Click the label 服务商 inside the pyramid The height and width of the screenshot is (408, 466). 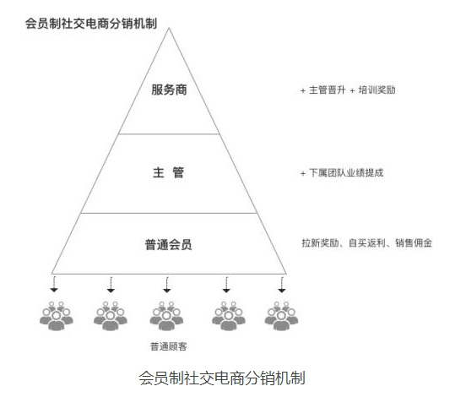click(169, 90)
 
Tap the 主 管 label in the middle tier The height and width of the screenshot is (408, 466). click(169, 172)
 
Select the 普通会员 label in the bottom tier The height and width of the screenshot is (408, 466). click(169, 245)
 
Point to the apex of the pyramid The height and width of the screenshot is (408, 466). click(169, 28)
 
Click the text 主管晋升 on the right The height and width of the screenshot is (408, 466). click(328, 90)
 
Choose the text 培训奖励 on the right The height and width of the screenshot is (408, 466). click(377, 90)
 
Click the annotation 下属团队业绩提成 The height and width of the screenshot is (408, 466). click(346, 173)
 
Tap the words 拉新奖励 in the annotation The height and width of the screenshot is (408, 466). click(321, 243)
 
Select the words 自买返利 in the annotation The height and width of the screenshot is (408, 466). click(367, 243)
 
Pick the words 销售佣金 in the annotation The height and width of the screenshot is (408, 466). click(414, 243)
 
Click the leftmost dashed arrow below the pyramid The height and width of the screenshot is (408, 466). click(54, 285)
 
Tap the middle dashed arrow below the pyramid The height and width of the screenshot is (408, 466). click(167, 285)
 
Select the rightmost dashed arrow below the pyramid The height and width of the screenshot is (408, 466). click(282, 285)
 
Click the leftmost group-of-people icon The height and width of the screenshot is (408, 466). click(57, 316)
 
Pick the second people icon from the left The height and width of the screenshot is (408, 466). click(111, 316)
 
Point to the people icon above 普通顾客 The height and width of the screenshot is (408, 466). click(166, 316)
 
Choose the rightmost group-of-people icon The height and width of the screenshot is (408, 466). click(281, 316)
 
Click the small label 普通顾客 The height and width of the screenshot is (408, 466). click(169, 346)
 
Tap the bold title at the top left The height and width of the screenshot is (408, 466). click(91, 24)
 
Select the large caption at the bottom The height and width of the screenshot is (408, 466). click(222, 378)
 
